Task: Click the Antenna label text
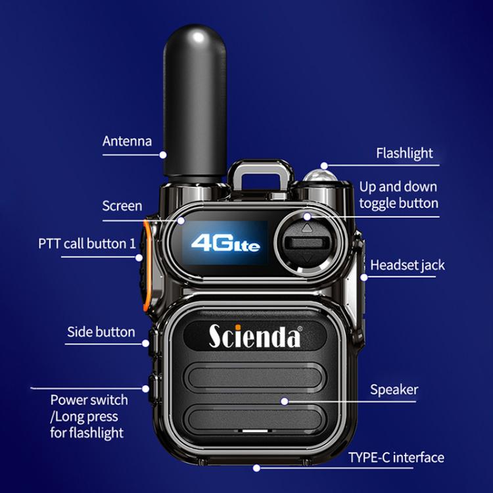click(x=127, y=141)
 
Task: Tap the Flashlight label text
click(x=404, y=153)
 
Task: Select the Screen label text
click(x=122, y=206)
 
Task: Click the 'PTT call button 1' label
click(x=86, y=243)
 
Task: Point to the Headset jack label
click(x=408, y=266)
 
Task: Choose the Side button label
click(x=101, y=332)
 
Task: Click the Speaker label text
click(x=394, y=389)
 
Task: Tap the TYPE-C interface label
click(x=396, y=458)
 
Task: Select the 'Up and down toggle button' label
click(x=398, y=195)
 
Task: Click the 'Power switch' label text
click(x=89, y=400)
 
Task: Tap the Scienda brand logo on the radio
click(x=255, y=335)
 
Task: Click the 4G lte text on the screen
click(x=225, y=243)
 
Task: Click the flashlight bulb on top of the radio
click(x=319, y=177)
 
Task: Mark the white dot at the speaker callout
click(x=284, y=400)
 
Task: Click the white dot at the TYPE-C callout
click(x=256, y=468)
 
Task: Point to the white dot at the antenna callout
click(x=163, y=155)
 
